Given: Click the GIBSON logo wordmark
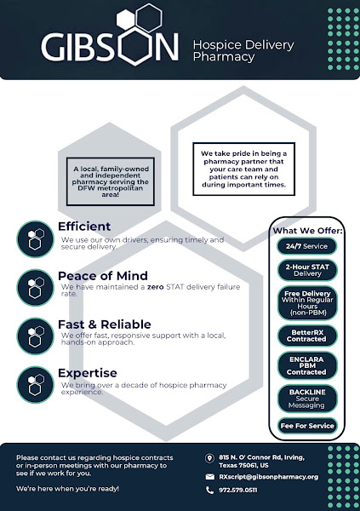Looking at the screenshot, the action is tap(110, 46).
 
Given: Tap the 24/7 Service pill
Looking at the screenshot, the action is tap(307, 246).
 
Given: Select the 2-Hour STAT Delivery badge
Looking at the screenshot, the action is tap(307, 270).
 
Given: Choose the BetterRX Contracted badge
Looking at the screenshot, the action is tap(307, 336).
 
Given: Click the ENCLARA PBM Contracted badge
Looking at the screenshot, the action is tap(307, 365).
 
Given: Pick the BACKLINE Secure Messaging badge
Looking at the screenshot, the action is tap(307, 399).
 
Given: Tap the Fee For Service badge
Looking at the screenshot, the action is tap(307, 426).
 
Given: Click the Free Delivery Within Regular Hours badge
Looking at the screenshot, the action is tap(307, 303).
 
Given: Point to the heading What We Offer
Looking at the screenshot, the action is tap(307, 231).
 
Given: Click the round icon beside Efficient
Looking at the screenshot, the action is tap(35, 238).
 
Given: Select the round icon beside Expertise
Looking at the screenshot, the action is tap(35, 385).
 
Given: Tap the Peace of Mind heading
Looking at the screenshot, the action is tap(103, 276).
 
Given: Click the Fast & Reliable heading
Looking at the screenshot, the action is tap(104, 324).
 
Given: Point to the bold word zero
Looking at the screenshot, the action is tap(155, 287).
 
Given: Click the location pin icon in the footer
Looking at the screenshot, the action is tap(209, 458).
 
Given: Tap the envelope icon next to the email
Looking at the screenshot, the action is tap(210, 477).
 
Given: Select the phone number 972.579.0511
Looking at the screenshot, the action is tap(237, 490).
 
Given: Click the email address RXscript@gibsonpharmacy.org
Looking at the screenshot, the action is tap(268, 477).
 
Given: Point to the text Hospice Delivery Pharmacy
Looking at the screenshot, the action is tap(243, 51).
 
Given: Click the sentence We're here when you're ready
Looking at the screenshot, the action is tap(67, 489).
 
